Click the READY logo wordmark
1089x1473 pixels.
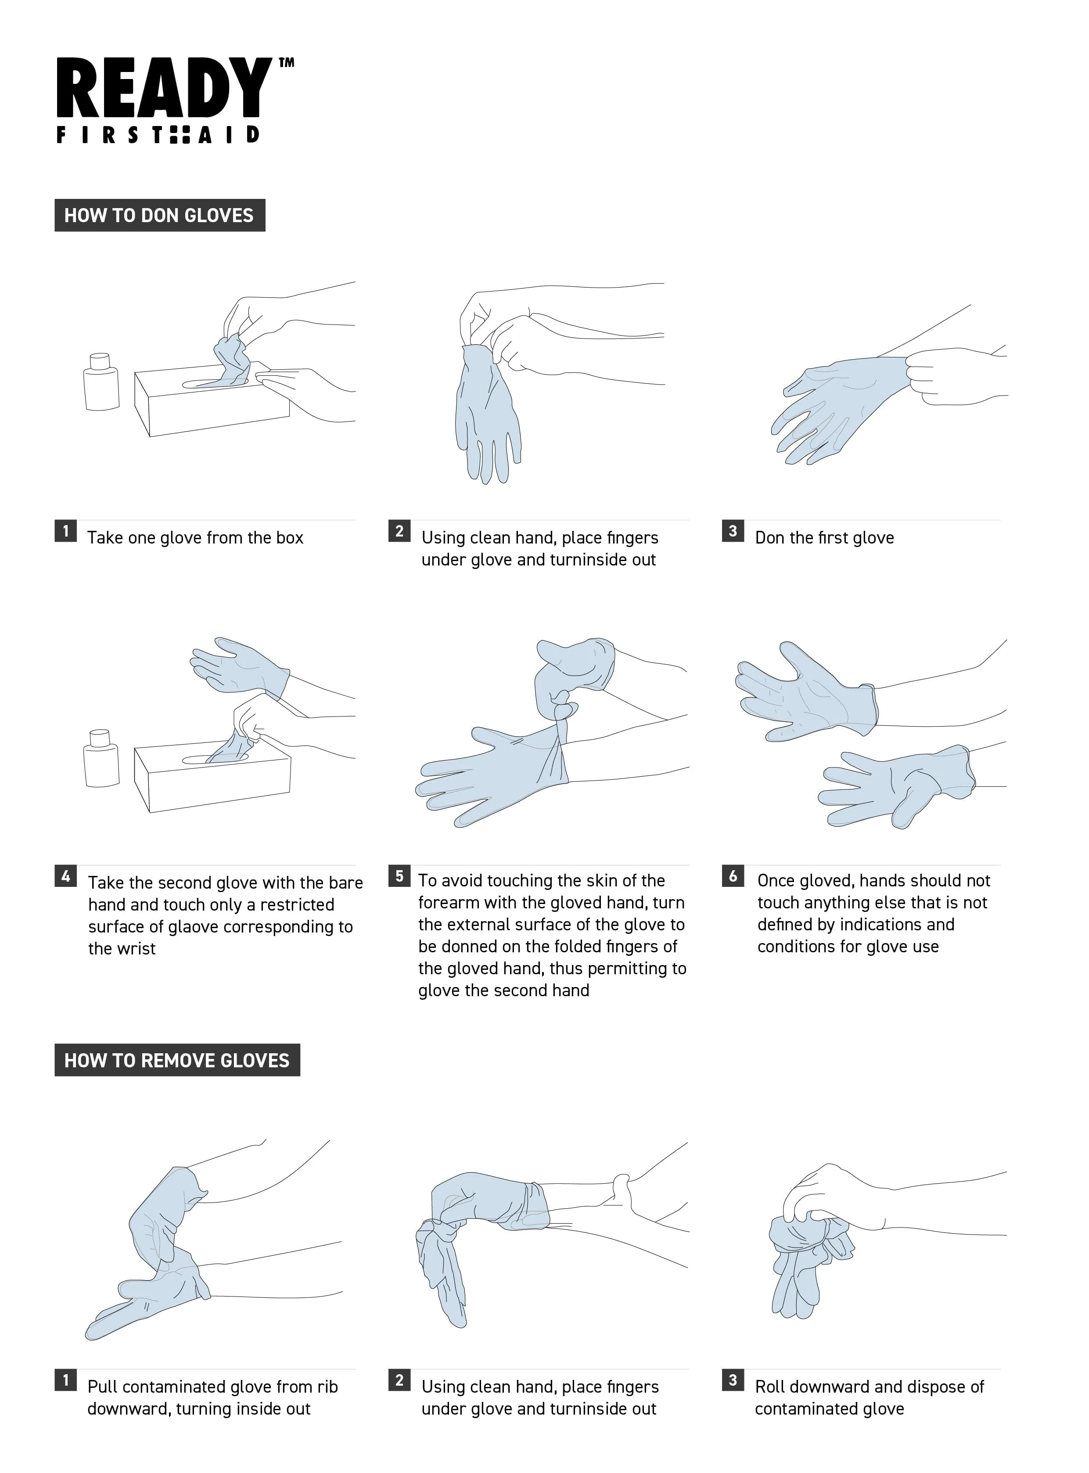[x=164, y=88]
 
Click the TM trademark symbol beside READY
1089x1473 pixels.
[x=286, y=63]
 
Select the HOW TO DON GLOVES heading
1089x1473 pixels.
[x=159, y=215]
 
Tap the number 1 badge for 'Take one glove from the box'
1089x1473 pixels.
[x=65, y=531]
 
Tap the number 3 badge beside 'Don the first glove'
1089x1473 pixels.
[x=733, y=531]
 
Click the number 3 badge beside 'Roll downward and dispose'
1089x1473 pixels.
[x=733, y=1380]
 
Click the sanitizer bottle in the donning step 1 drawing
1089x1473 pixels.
[x=101, y=382]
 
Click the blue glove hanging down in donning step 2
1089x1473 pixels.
[x=488, y=415]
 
